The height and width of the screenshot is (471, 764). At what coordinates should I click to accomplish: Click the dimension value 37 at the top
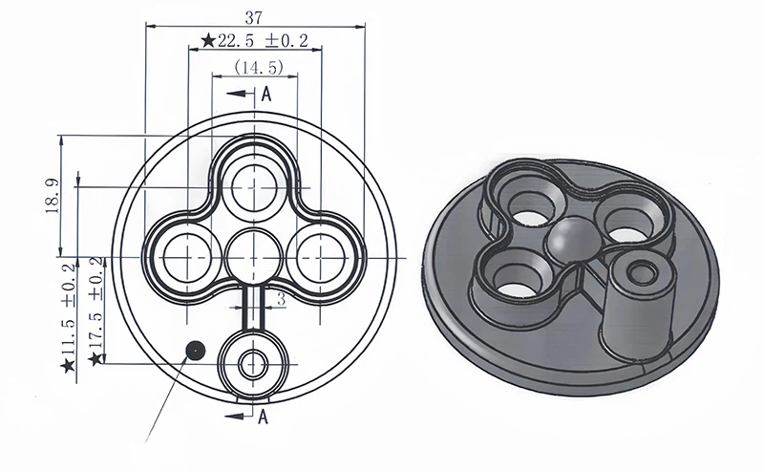(x=253, y=15)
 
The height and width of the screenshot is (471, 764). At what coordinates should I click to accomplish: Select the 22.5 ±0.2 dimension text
(x=263, y=41)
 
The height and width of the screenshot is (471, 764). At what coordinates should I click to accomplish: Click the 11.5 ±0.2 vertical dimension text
(x=68, y=316)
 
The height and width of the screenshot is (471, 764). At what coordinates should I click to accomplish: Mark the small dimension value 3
(x=281, y=300)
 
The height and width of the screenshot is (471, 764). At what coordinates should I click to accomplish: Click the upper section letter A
(x=266, y=94)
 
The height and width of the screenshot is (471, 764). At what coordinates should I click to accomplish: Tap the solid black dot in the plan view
(x=195, y=349)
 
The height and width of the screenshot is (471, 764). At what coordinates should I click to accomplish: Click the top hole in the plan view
(x=255, y=183)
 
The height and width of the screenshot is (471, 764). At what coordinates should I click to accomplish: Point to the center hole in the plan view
(x=255, y=256)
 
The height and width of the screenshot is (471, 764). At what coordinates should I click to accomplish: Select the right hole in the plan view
(x=322, y=256)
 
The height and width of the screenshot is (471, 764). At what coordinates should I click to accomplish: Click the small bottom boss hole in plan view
(x=254, y=364)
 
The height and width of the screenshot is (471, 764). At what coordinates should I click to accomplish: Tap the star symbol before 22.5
(x=207, y=41)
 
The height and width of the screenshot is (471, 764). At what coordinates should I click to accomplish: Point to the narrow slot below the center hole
(x=254, y=308)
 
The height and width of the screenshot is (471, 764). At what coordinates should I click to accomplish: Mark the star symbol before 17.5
(x=95, y=359)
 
